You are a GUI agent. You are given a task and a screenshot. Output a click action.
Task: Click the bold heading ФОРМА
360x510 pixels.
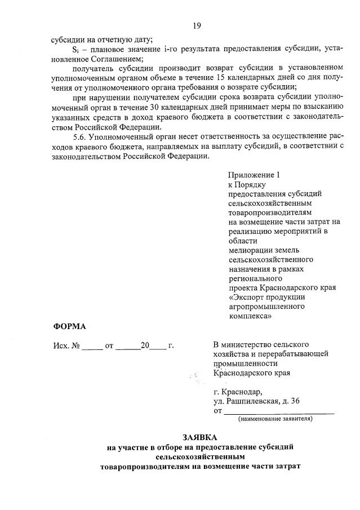coord(70,326)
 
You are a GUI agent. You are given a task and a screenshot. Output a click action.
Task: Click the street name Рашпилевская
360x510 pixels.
coord(251,401)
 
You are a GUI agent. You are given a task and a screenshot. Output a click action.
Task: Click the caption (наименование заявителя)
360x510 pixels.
coord(275,419)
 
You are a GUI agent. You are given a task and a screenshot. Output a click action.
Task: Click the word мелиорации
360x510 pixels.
coord(251,250)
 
